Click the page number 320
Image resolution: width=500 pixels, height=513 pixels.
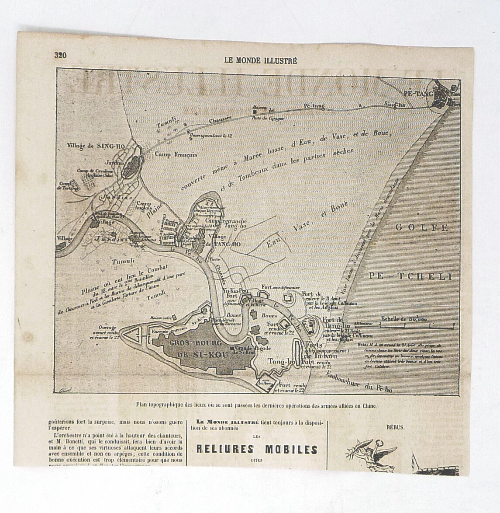pyautogui.click(x=60, y=55)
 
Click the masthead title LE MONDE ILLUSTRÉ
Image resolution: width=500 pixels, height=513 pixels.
pyautogui.click(x=260, y=61)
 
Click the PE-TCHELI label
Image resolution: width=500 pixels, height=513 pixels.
pyautogui.click(x=410, y=276)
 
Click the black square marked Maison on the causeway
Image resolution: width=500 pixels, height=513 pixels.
pyautogui.click(x=254, y=112)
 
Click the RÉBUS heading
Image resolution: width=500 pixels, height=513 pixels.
pyautogui.click(x=395, y=427)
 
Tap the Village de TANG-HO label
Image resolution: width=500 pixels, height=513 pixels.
pyautogui.click(x=217, y=241)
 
